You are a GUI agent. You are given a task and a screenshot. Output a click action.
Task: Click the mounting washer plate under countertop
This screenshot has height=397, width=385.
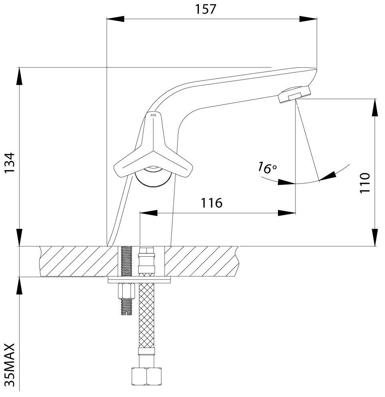click(x=139, y=280)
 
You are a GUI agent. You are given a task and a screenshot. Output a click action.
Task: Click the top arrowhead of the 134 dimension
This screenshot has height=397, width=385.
click(x=19, y=76)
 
